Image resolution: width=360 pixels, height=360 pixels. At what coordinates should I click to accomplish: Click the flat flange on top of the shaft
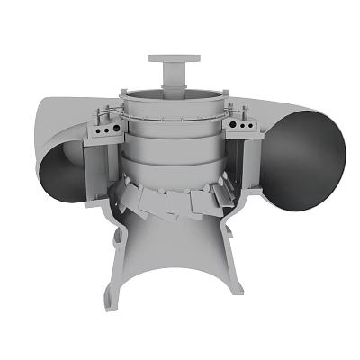(x=171, y=59)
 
